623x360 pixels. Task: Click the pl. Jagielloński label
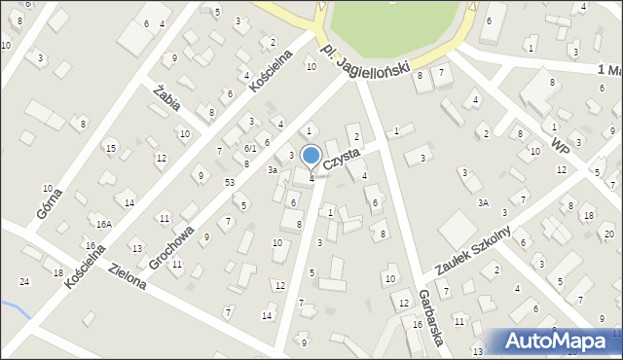click(372, 60)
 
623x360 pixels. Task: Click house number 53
click(230, 183)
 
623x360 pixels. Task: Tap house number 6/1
click(250, 148)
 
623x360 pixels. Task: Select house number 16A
click(103, 224)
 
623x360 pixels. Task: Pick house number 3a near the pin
click(274, 170)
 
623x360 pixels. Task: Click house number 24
click(24, 281)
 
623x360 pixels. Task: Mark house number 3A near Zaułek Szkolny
click(482, 202)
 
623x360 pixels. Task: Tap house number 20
click(608, 234)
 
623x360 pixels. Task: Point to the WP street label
click(559, 143)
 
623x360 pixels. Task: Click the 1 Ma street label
click(609, 70)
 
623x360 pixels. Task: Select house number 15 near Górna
click(112, 148)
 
